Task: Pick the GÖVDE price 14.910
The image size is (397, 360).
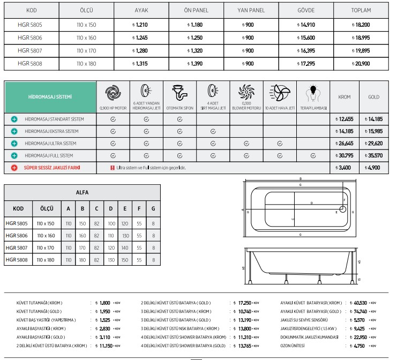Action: [x=306, y=25]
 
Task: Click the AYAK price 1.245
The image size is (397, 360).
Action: [x=141, y=38]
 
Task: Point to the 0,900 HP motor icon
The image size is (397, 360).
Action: [x=113, y=92]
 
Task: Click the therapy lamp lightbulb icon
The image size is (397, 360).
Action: [x=312, y=93]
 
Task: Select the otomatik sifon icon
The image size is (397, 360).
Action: [x=179, y=92]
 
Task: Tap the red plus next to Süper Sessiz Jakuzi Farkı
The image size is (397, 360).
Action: [x=14, y=168]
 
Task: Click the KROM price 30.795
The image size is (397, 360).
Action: [x=342, y=156]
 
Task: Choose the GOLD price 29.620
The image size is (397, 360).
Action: [x=372, y=144]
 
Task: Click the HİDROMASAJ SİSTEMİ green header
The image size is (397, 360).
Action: [x=50, y=97]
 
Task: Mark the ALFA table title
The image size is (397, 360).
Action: [x=83, y=192]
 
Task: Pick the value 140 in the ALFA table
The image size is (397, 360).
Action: [x=125, y=248]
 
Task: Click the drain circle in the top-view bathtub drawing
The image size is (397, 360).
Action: [x=342, y=211]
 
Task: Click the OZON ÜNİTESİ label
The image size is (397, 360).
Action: [x=293, y=346]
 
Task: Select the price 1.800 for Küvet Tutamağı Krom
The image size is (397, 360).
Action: [x=105, y=303]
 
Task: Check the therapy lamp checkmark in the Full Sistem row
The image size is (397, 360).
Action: [x=312, y=156]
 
